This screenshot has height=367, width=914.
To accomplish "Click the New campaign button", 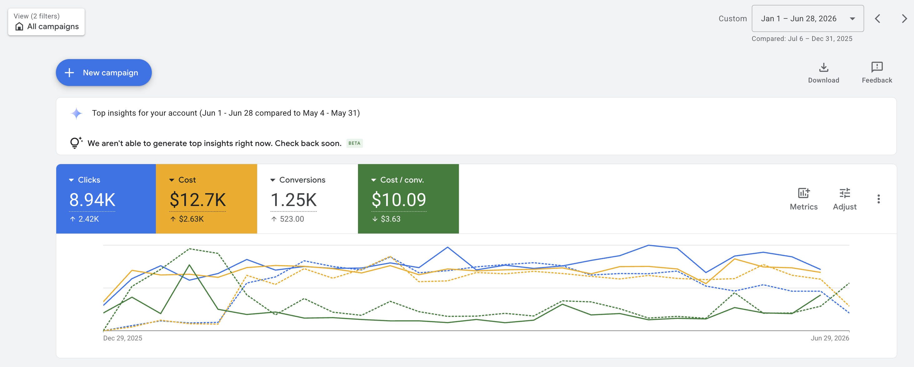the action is [104, 73].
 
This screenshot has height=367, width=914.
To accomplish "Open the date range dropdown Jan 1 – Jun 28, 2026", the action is [807, 18].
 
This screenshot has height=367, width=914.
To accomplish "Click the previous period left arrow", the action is [877, 19].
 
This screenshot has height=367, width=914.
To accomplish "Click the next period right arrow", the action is [904, 19].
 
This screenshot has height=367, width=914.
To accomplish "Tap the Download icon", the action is [823, 67].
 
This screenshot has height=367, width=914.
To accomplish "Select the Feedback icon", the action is [877, 67].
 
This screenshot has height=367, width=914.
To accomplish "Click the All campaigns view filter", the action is [47, 22].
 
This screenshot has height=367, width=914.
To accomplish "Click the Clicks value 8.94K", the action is [92, 200].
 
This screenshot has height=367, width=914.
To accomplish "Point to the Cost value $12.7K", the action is [198, 200].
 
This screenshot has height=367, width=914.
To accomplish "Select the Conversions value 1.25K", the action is [293, 200].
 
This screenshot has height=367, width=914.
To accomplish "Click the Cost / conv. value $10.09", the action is [399, 200].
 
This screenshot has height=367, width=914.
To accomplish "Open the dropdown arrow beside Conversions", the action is [272, 180].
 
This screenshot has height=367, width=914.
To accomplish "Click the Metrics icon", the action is [804, 193].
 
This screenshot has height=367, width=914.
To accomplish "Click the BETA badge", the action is [354, 143].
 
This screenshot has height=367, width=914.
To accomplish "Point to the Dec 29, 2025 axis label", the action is [123, 338].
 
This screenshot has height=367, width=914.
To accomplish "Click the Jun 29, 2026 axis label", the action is [830, 338].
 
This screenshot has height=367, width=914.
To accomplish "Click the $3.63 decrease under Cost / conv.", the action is [386, 219].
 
